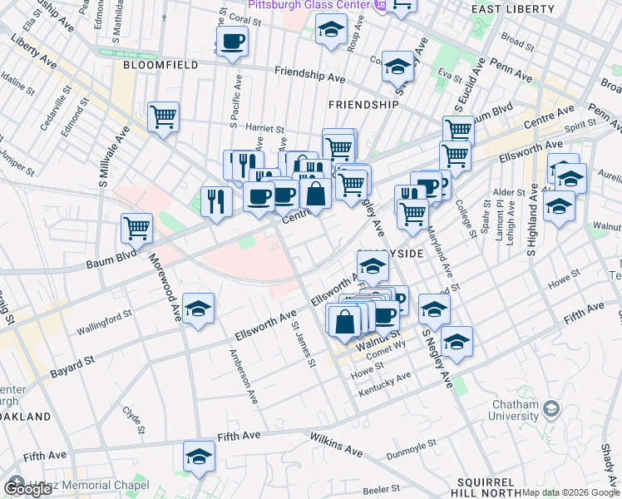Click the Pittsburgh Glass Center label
click(x=317, y=6)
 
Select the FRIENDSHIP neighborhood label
click(x=363, y=105)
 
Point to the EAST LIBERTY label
click(x=512, y=9)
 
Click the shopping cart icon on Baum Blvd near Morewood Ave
click(x=136, y=227)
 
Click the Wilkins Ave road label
click(x=336, y=444)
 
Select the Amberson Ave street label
click(x=244, y=376)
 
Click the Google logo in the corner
click(x=28, y=489)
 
